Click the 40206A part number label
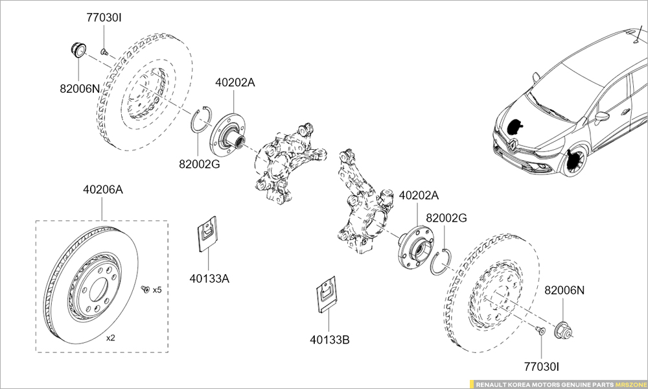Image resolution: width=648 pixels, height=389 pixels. [x=102, y=190]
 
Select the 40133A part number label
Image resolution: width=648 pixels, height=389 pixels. [x=209, y=278]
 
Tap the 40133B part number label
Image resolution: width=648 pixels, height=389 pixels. [x=329, y=338]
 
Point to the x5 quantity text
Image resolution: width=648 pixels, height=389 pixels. [x=157, y=289]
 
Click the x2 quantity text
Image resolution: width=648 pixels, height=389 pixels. [x=110, y=338]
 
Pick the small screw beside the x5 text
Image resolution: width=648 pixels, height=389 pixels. [x=145, y=289]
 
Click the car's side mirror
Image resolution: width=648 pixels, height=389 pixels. [x=602, y=117]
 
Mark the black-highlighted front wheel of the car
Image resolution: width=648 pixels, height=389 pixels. [x=573, y=162]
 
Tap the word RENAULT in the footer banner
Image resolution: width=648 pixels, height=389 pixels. [x=494, y=384]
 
